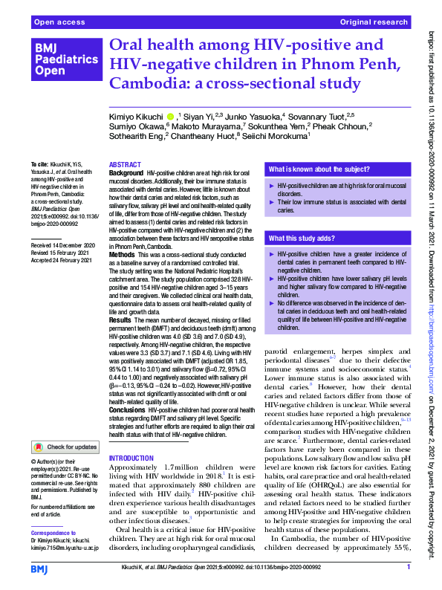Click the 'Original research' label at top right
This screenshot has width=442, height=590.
click(x=374, y=23)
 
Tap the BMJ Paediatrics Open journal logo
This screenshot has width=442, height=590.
click(x=57, y=59)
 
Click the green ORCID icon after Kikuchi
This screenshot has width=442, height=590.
click(x=171, y=116)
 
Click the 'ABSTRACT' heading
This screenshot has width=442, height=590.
click(x=125, y=164)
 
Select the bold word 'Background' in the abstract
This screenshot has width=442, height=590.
click(x=126, y=172)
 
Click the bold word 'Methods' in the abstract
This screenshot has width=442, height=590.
click(x=123, y=254)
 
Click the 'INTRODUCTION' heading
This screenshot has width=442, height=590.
click(x=131, y=458)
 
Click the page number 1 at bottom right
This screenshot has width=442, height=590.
click(x=408, y=567)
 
